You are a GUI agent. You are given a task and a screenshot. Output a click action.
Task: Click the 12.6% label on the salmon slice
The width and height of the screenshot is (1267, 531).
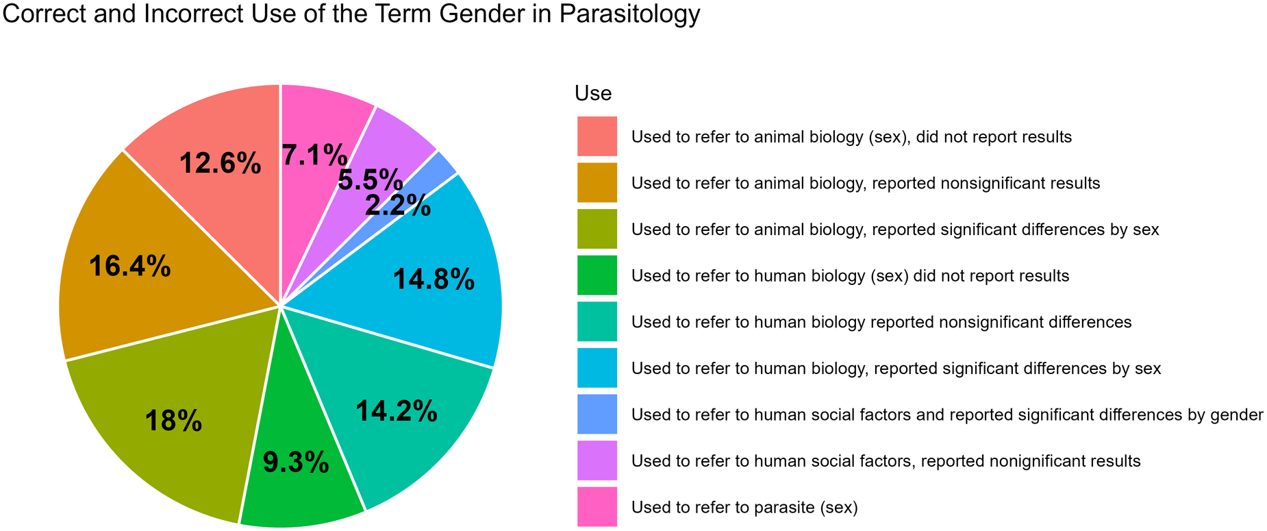pyautogui.click(x=220, y=164)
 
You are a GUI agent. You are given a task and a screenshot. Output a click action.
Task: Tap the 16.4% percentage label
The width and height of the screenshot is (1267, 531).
pyautogui.click(x=129, y=267)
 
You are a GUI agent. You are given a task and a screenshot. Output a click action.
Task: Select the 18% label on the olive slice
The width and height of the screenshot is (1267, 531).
pyautogui.click(x=173, y=421)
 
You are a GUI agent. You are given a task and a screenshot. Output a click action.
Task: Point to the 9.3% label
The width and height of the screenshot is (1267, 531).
pyautogui.click(x=296, y=464)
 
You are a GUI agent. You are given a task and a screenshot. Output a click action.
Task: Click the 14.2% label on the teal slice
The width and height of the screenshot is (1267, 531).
pyautogui.click(x=397, y=411)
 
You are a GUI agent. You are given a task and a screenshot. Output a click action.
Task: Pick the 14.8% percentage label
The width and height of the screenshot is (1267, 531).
pyautogui.click(x=434, y=280)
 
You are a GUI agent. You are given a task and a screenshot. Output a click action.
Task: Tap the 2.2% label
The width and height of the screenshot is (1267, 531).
pyautogui.click(x=398, y=206)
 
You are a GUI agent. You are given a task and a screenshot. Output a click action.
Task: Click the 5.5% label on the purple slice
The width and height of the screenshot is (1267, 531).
pyautogui.click(x=370, y=180)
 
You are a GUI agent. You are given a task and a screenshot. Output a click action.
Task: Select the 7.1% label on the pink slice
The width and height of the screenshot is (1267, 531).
pyautogui.click(x=314, y=156)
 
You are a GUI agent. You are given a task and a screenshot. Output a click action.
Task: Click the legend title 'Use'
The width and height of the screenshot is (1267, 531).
pyautogui.click(x=593, y=93)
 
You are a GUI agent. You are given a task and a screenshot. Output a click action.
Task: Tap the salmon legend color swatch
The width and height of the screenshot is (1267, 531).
pyautogui.click(x=597, y=136)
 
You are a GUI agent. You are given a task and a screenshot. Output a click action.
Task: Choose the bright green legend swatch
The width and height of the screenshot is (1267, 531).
pyautogui.click(x=597, y=275)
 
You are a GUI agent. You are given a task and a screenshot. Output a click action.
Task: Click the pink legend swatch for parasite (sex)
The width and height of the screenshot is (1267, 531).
pyautogui.click(x=597, y=507)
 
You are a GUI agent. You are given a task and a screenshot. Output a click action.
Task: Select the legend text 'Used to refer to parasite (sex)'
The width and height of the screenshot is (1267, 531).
pyautogui.click(x=744, y=508)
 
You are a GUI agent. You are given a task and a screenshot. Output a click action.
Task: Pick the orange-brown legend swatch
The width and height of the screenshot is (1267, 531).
pyautogui.click(x=597, y=183)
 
